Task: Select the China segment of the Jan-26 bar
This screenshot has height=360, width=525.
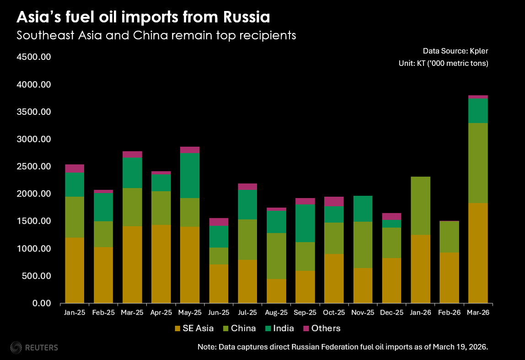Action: (x=420, y=205)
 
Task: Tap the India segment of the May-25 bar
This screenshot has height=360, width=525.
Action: (x=190, y=176)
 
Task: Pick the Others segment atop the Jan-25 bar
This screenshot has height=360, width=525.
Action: (x=75, y=168)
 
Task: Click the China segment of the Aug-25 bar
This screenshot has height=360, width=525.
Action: (x=276, y=256)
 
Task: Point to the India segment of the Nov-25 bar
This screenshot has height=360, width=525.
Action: (x=363, y=209)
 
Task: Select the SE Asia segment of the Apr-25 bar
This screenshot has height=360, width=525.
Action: (x=161, y=264)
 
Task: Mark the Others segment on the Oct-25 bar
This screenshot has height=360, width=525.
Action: (x=334, y=201)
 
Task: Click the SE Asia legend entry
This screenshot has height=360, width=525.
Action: (x=194, y=328)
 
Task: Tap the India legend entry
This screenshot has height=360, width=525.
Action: (x=284, y=328)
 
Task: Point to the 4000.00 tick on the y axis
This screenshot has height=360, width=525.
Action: (x=34, y=85)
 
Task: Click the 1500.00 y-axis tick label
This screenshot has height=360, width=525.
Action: (x=34, y=221)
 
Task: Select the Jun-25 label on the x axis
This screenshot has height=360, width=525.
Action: (x=219, y=313)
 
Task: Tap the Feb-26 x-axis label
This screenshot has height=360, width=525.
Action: (x=449, y=313)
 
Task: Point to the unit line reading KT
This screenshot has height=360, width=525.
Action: (x=443, y=63)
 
